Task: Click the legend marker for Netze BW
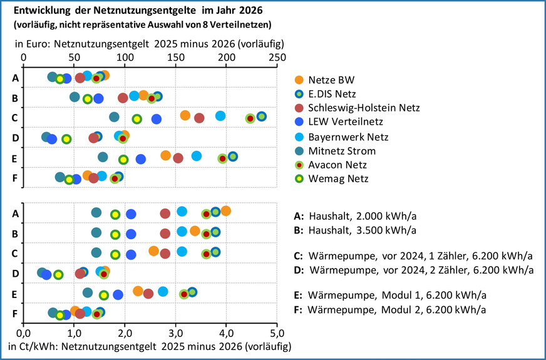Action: coord(299,80)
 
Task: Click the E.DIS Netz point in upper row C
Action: coord(261,116)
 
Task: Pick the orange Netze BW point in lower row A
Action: coord(225,211)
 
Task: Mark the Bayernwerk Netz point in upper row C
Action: coord(220,116)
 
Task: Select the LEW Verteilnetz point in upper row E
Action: coord(141,159)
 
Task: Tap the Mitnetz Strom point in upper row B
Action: coord(75,97)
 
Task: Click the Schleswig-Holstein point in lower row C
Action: coord(165,254)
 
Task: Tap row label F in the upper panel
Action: coord(14,177)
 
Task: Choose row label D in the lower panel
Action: coord(14,273)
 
